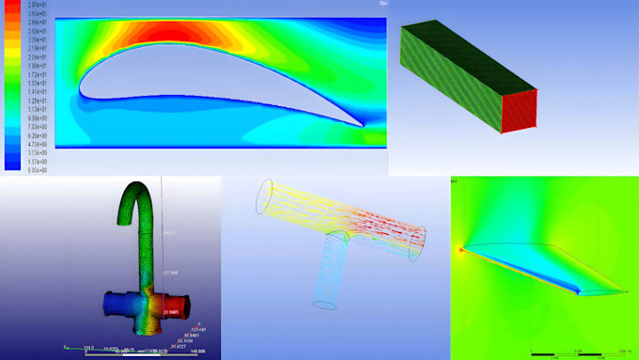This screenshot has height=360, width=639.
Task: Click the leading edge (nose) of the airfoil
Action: (81, 91)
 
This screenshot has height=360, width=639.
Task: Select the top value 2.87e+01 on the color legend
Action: (37, 6)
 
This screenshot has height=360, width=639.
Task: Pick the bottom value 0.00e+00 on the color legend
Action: (37, 169)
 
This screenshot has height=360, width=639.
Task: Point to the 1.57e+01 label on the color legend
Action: (37, 83)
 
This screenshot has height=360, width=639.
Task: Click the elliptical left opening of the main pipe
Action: (267, 198)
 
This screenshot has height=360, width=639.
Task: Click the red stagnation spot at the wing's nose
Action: (461, 250)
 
